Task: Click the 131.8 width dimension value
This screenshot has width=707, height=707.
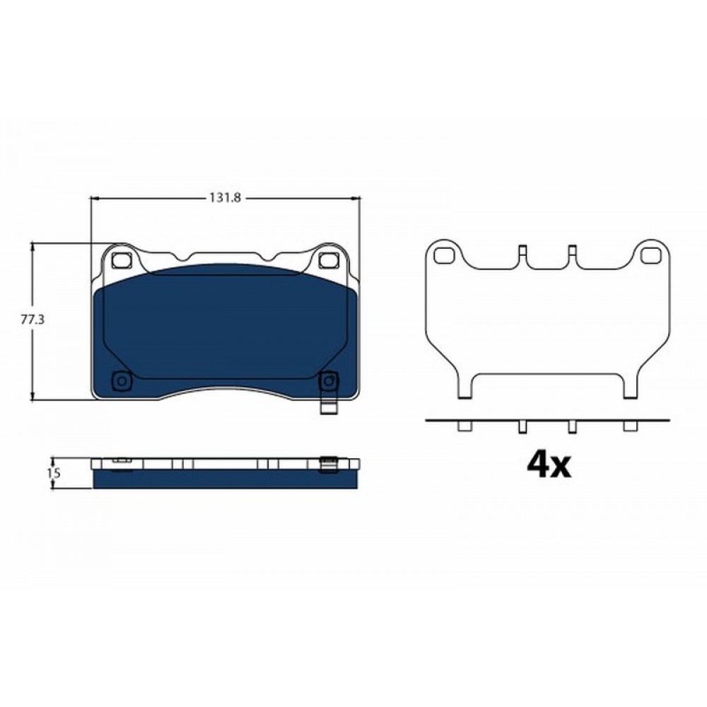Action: click(225, 197)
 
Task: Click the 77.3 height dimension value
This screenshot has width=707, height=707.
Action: click(33, 320)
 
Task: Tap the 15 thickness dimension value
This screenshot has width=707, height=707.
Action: click(54, 474)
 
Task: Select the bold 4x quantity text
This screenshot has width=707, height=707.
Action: click(549, 465)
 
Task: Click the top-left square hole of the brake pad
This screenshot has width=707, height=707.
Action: click(120, 260)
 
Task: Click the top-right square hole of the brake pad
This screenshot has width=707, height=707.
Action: click(329, 260)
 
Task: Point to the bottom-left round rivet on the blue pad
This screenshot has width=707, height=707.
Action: click(122, 381)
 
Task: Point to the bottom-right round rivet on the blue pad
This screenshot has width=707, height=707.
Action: click(328, 381)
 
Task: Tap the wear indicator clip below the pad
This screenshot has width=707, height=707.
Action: click(329, 407)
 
